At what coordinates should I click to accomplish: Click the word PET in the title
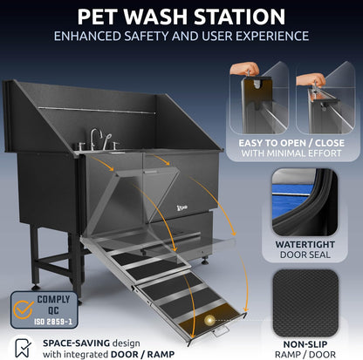[101, 16]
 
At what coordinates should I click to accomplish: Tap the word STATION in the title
[242, 16]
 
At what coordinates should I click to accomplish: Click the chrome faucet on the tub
[95, 139]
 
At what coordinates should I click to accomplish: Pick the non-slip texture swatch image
[306, 296]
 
